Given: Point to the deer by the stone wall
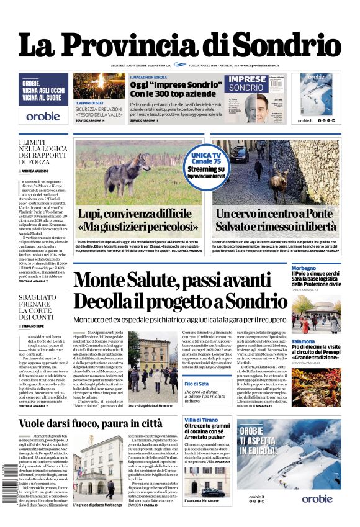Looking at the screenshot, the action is (276, 179).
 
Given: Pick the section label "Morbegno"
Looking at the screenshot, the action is (304, 268).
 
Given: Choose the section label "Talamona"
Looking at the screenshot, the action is (304, 341).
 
